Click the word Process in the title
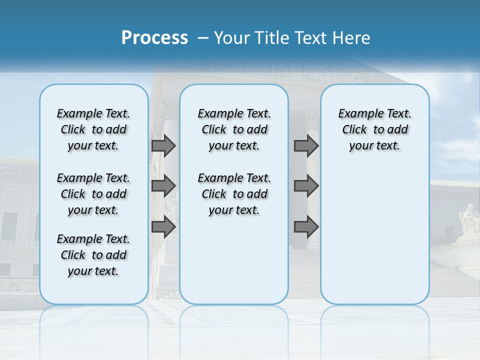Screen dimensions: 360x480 pos(154,38)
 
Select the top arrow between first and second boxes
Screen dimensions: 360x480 pos(163,145)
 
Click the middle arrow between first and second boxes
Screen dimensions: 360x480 pos(163,186)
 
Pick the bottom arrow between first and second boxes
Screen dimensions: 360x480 pos(163,227)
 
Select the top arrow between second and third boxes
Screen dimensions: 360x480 pos(306,145)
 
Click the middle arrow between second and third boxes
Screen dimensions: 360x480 pos(306,186)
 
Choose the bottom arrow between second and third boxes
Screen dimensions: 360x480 pos(306,227)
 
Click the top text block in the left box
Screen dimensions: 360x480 pos(93,129)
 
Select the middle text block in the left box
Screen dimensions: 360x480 pos(93,194)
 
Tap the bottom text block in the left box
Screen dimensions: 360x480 pos(93,255)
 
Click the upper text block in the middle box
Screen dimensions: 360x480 pos(234,129)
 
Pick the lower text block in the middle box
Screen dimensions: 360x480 pos(234,194)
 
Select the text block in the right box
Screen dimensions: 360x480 pos(375,129)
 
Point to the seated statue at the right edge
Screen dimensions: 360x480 pos(469,218)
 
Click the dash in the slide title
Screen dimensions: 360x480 pos(203,38)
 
